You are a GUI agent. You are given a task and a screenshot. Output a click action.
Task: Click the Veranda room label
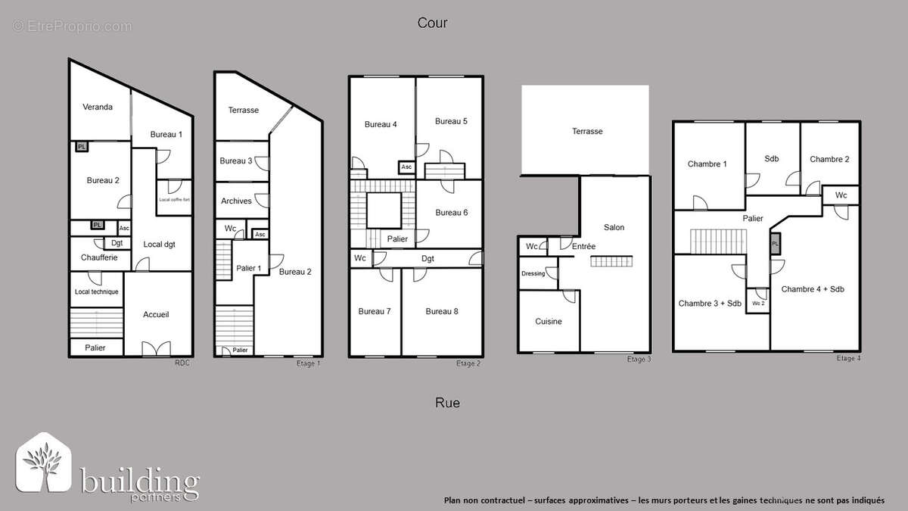coord(98,107)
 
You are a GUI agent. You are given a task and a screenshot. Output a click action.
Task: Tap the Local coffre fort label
coord(174,200)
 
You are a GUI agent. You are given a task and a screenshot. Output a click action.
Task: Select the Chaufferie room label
coord(98,257)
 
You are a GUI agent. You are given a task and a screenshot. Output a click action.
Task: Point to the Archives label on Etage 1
coord(236,201)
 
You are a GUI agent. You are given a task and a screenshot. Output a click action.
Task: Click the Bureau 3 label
coord(236,160)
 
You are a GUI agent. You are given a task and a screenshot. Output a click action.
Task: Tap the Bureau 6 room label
coord(451,213)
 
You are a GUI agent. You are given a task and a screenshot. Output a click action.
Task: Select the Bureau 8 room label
coord(442,311)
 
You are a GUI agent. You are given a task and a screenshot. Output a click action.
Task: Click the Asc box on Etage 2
coord(406,167)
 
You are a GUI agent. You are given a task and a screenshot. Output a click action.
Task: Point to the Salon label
coord(614,227)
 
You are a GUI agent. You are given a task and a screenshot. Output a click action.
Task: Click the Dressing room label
coord(533,273)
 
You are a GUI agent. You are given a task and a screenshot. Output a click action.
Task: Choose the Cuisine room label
coord(549,322)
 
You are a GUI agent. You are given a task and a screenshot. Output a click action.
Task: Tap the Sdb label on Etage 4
coord(772,159)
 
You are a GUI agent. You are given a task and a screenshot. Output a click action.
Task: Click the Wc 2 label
coord(757,303)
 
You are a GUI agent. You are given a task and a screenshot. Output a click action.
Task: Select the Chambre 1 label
coord(707,164)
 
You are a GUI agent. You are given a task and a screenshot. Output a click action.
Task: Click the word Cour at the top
coord(433,23)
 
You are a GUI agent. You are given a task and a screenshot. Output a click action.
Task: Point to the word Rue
coord(447,403)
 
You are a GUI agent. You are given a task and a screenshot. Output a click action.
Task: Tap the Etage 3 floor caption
coord(639,359)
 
